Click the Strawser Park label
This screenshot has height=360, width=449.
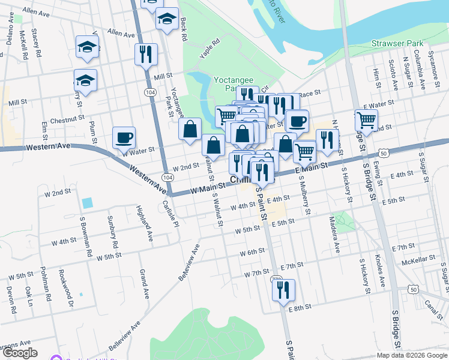pos(397,43)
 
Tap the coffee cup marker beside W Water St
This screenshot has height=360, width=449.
pos(124,137)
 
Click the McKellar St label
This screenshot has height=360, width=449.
pos(417,261)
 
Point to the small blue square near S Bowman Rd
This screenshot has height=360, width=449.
pos(88,203)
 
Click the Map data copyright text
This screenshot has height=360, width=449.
pos(412,355)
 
